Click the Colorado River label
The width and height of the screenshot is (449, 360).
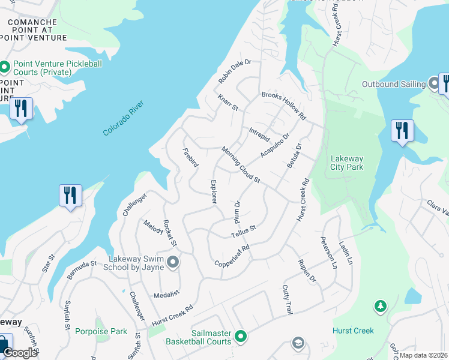(x=125, y=118)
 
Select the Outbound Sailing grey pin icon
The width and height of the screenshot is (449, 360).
(x=434, y=83)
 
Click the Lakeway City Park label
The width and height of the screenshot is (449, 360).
(x=348, y=163)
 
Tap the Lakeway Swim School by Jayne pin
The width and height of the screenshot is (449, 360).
(x=173, y=262)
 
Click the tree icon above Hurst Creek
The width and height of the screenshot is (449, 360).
(x=380, y=307)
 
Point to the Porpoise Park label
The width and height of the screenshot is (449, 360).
(x=101, y=331)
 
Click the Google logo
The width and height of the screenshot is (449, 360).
(x=20, y=353)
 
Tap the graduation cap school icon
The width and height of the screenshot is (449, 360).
(x=297, y=343)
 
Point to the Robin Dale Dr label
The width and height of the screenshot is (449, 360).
(x=234, y=71)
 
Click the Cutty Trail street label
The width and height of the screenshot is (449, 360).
(x=288, y=300)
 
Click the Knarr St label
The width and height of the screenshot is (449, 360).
(x=228, y=103)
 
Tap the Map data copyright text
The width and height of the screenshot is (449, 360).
(x=424, y=355)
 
